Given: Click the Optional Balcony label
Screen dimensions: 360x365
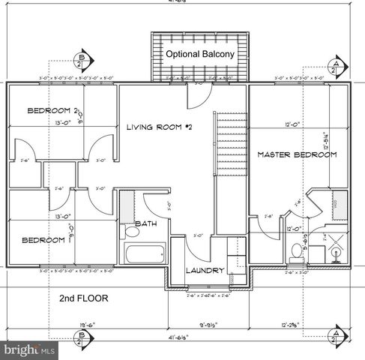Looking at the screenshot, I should pos(199,55).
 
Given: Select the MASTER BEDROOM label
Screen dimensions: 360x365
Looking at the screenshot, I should pos(297,154).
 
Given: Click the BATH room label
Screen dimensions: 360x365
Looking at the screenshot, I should pos(145,223).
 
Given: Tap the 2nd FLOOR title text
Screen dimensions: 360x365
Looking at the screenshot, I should pos(83,298).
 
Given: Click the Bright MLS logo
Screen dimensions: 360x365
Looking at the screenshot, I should pos(28,349).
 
